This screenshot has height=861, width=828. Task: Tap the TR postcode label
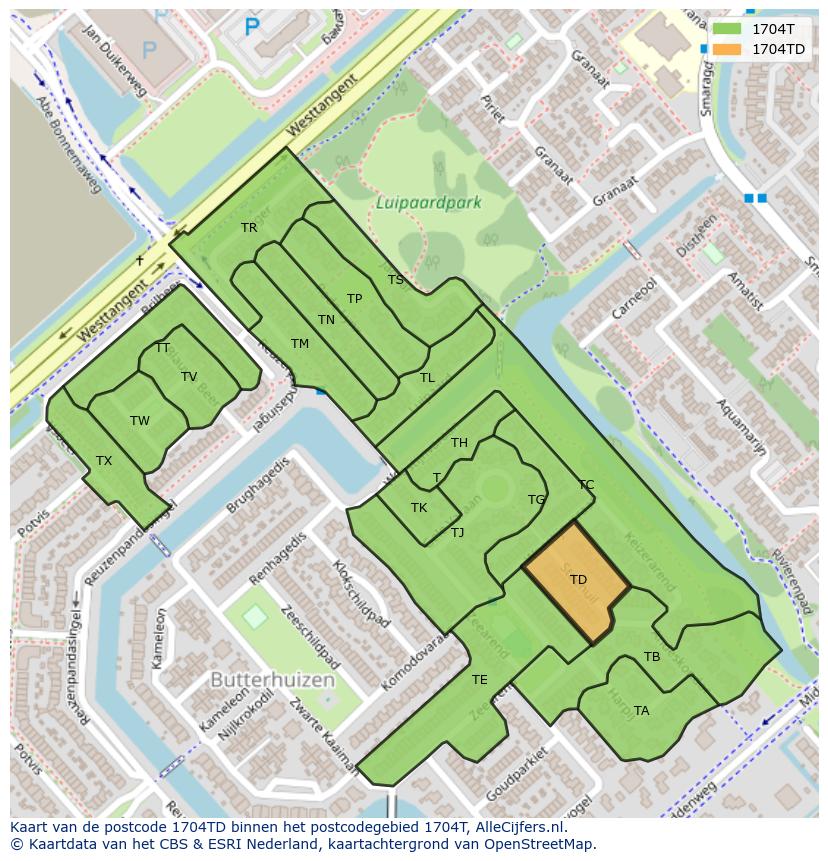(249, 228)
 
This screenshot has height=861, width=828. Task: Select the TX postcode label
(104, 461)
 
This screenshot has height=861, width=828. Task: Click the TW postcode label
(140, 421)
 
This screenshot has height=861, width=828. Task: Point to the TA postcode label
(641, 711)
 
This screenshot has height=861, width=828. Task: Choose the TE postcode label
(480, 680)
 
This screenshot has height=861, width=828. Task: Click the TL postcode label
(427, 378)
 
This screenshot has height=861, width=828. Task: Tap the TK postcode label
(419, 508)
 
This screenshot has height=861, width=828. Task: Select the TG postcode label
(537, 500)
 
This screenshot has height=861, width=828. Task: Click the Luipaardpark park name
(429, 203)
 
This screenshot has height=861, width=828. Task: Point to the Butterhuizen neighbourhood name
(272, 679)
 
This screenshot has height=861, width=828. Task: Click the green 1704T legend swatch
(727, 29)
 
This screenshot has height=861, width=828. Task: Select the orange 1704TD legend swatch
(727, 49)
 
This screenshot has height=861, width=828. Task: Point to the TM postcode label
(300, 344)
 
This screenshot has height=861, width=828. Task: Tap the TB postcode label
(652, 657)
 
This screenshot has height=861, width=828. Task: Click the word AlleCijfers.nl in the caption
(521, 827)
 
